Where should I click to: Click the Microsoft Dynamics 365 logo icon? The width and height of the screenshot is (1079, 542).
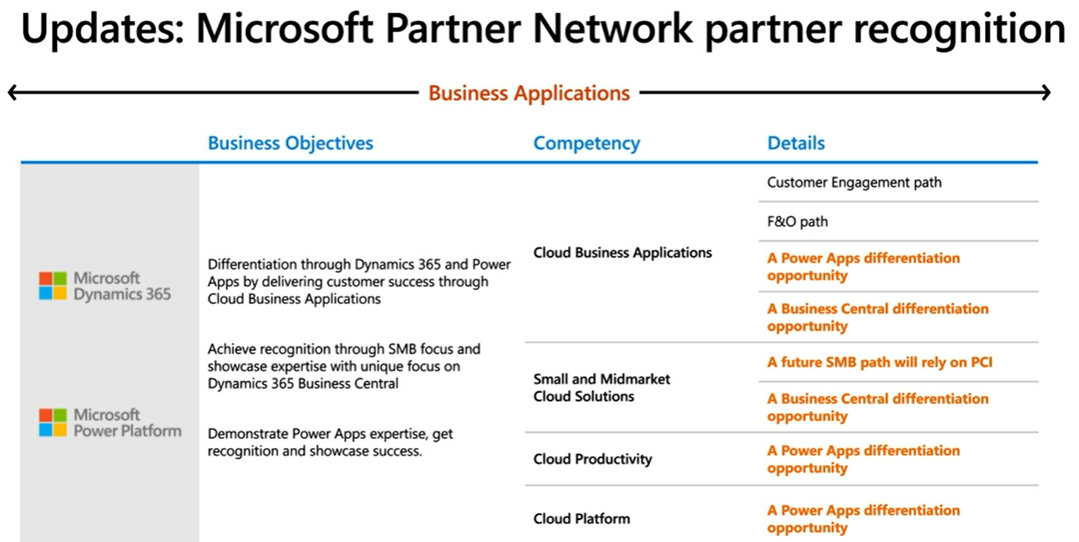[53, 286]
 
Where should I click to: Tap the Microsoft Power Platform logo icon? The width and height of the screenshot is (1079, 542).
[53, 423]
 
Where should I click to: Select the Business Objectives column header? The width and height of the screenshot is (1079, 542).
[290, 143]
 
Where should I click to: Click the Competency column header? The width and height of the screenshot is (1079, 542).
[586, 143]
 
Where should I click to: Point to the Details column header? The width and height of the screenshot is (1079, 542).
[796, 143]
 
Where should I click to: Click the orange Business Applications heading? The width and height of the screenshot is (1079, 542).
[529, 93]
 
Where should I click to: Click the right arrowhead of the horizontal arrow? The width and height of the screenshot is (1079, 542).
[1045, 93]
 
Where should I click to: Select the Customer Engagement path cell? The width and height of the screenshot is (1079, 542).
[854, 182]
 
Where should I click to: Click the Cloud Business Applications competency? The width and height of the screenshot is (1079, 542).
[622, 253]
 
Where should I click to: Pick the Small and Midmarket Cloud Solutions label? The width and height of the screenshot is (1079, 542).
[601, 388]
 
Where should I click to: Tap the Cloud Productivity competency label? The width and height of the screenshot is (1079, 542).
[593, 459]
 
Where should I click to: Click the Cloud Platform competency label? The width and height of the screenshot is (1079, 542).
[581, 519]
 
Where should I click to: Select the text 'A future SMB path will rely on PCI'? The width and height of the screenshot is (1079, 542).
[880, 363]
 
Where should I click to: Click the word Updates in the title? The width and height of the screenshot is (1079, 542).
[100, 30]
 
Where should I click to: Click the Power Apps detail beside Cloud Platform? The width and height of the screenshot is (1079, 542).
[863, 519]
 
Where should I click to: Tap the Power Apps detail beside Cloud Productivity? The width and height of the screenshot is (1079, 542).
[863, 459]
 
